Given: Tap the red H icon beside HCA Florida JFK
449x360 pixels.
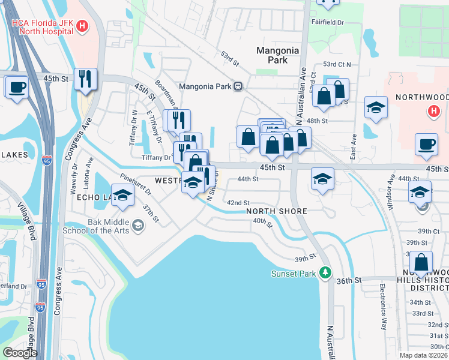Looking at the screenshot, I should tap(82, 27).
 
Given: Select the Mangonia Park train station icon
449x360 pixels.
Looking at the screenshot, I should tap(238, 86).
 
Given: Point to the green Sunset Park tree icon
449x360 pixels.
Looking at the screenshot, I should tap(325, 274).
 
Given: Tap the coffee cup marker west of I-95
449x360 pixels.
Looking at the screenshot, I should tap(17, 86).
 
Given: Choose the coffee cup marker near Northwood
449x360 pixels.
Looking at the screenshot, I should tap(427, 143).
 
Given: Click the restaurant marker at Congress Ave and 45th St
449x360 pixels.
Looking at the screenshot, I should tap(86, 79).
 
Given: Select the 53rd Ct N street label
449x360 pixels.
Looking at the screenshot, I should tap(337, 64).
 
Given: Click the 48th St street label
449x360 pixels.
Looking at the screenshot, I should tap(318, 121).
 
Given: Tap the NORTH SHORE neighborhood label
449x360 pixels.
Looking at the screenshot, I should tap(276, 211).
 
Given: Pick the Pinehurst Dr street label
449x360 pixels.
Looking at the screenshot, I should tap(136, 185).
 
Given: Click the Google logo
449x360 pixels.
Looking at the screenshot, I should tap(20, 353).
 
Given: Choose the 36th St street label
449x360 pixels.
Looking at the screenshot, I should tap(349, 280).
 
